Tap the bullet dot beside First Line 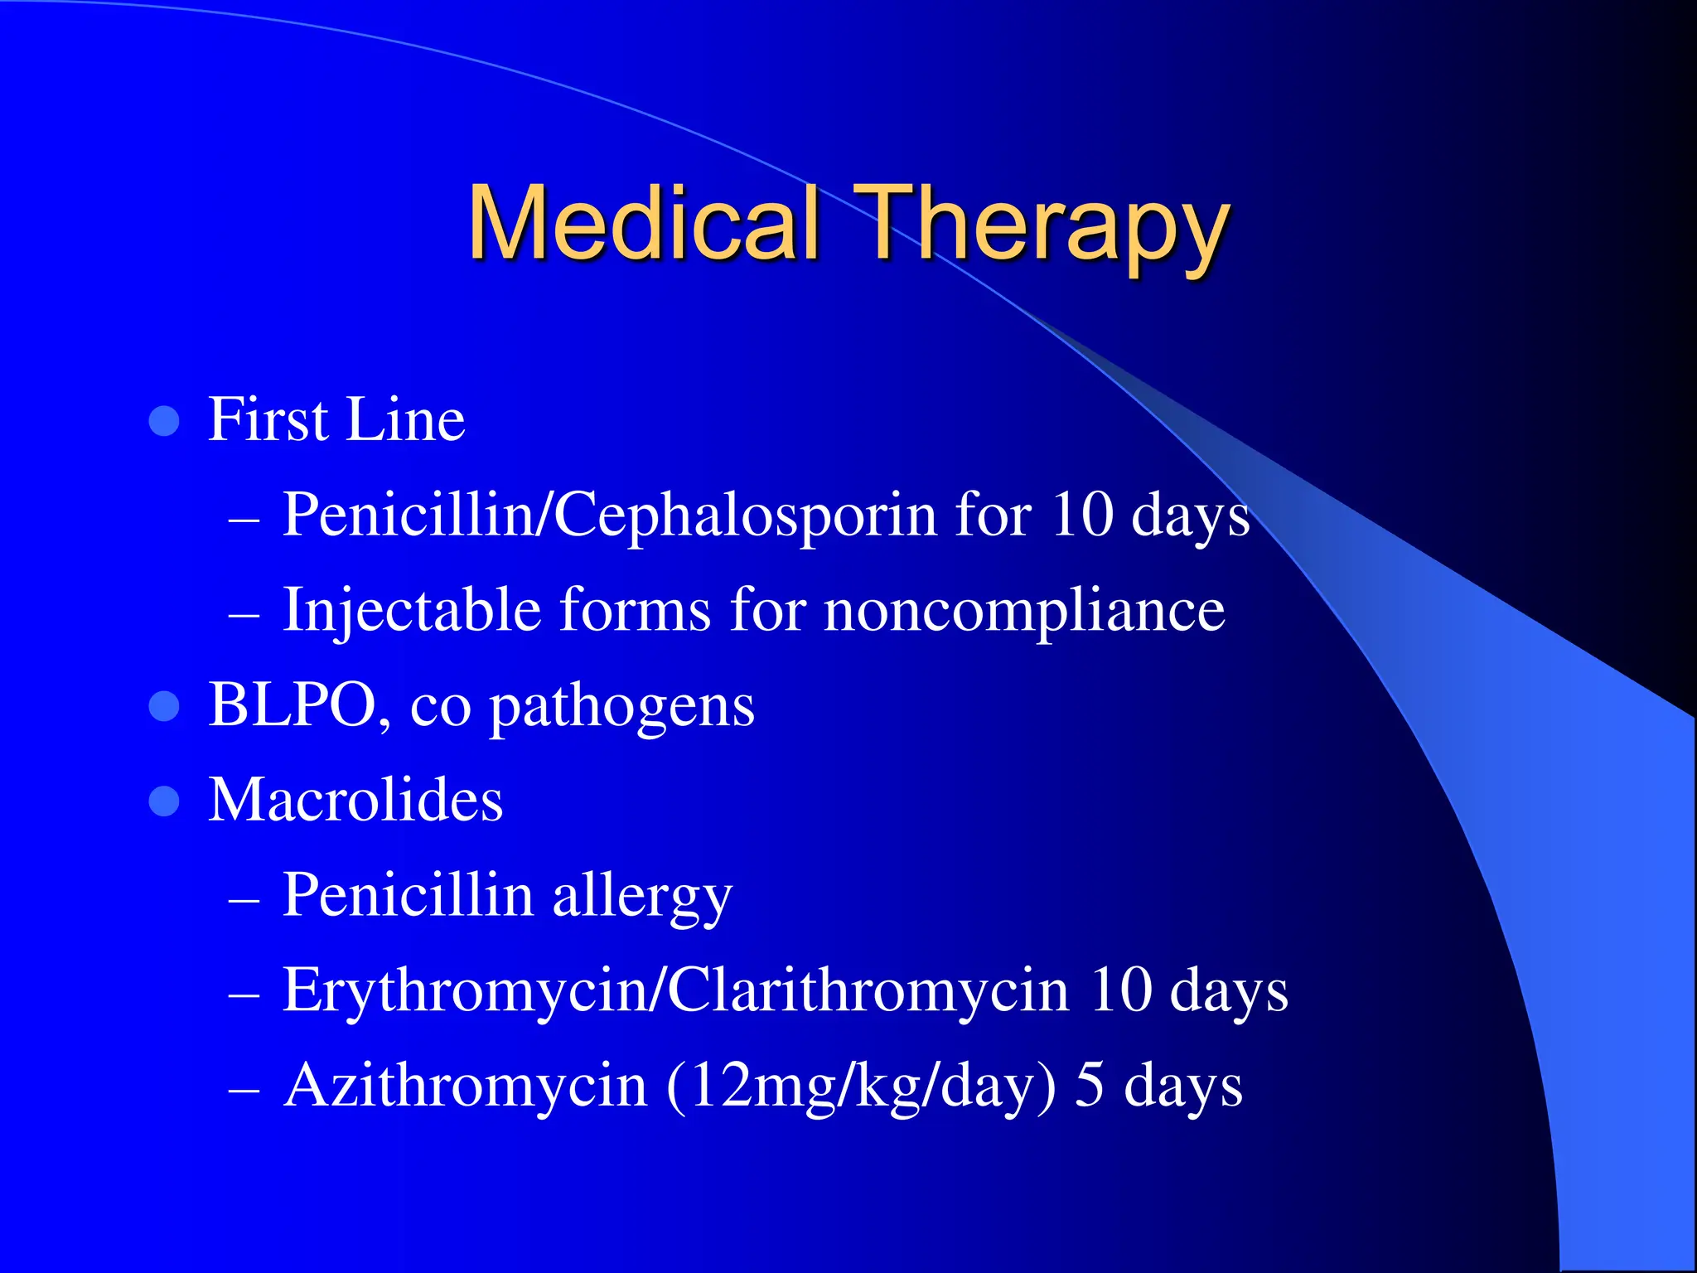[x=164, y=421]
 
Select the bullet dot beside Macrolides [x=164, y=801]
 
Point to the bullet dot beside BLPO [x=164, y=707]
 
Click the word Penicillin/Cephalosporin [x=609, y=515]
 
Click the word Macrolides [x=355, y=801]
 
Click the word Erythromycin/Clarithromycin [x=675, y=990]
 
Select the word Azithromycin [x=464, y=1086]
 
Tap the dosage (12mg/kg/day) [x=861, y=1086]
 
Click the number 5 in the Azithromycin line [x=1090, y=1086]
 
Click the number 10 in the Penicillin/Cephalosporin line [x=1081, y=515]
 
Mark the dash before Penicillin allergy [x=244, y=899]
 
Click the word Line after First [x=405, y=420]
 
